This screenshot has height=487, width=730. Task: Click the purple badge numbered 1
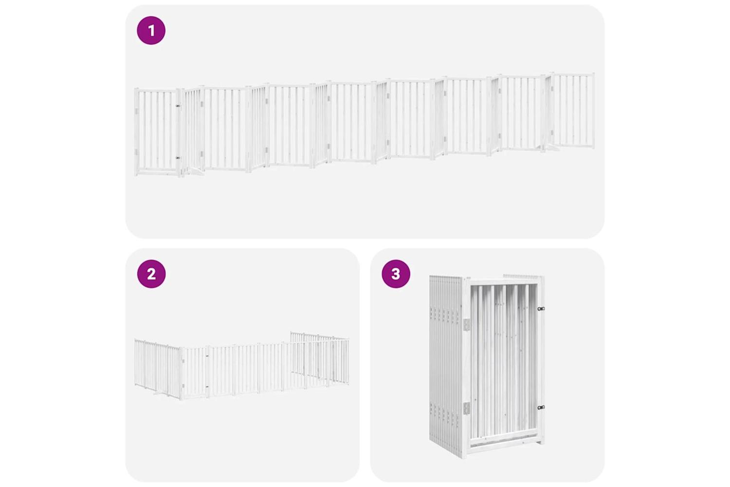click(x=151, y=30)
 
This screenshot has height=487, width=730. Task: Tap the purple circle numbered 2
click(x=151, y=274)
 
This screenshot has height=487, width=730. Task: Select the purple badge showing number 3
click(x=396, y=274)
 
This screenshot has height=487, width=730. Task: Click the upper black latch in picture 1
click(x=178, y=106)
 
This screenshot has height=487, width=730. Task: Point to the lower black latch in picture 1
click(x=178, y=158)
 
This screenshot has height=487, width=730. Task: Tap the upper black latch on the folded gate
click(x=541, y=309)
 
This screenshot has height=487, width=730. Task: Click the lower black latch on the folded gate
click(x=541, y=408)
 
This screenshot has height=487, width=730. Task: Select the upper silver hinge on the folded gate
click(x=467, y=324)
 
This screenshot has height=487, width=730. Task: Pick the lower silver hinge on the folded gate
click(x=467, y=409)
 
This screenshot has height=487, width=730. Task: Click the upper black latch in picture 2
click(x=207, y=356)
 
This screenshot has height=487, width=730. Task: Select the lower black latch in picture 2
click(x=207, y=387)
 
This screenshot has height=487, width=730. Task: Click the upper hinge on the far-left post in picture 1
click(x=136, y=112)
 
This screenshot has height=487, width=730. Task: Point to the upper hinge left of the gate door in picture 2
click(x=183, y=361)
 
